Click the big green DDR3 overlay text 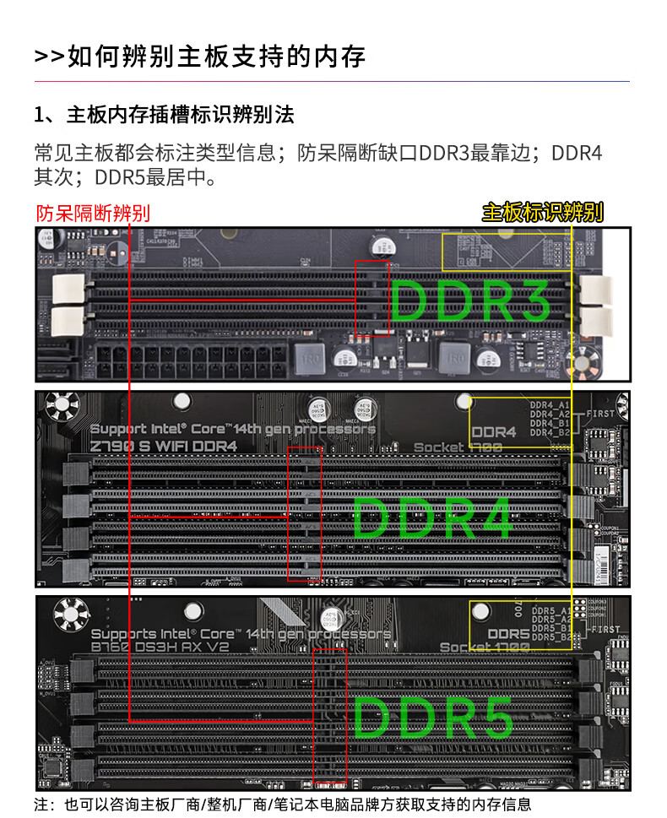470,300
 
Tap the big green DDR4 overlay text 432,517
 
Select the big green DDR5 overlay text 432,717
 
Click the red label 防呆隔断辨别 92,213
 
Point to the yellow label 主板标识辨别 542,212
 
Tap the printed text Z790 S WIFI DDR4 164,447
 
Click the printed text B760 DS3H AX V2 160,647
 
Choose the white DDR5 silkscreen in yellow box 508,633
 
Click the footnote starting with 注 283,804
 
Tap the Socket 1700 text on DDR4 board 457,447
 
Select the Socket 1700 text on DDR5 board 484,647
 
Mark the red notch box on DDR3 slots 371,297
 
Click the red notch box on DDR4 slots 305,514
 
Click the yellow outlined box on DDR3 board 507,252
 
